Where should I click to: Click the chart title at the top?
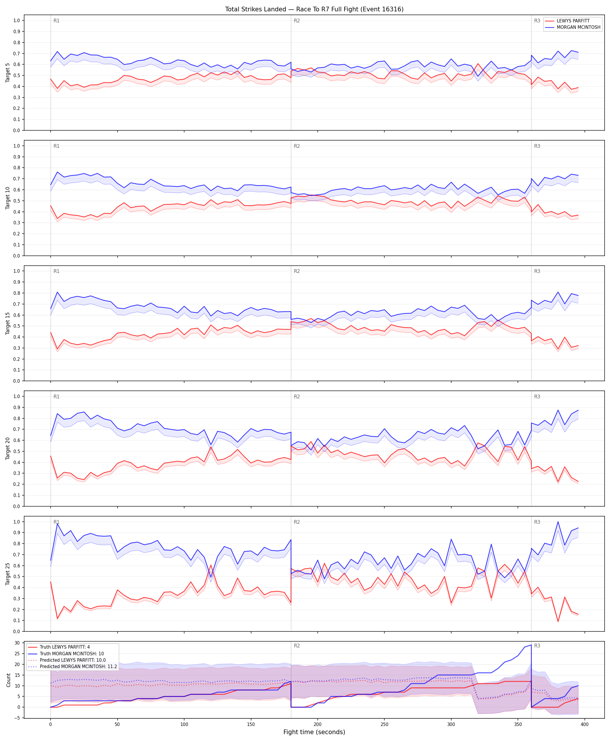coord(314,9)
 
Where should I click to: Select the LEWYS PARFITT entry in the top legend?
coord(573,21)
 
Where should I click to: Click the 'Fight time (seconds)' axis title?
coord(314,732)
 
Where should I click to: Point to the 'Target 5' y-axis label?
coord(8,73)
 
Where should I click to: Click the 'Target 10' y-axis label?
coord(8,198)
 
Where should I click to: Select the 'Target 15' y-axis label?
coord(8,323)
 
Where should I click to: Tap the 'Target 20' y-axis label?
coord(8,448)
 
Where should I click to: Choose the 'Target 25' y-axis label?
coord(8,574)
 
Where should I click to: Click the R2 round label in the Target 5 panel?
coord(297,21)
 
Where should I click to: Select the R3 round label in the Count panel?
coord(537,646)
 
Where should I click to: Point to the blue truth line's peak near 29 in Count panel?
coord(531,645)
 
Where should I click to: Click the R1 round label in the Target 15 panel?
coord(56,271)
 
